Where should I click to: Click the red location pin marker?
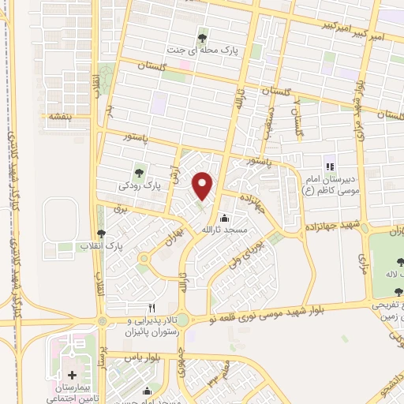(204, 185)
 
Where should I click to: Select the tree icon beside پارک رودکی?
(140, 172)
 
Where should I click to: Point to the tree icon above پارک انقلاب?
(100, 233)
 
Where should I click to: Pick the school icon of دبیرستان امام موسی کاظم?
(329, 167)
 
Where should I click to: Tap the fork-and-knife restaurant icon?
(151, 307)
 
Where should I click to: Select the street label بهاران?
(173, 237)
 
